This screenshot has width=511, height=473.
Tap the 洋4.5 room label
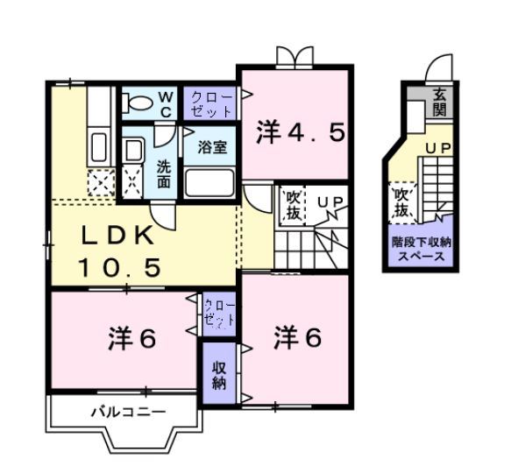[x=301, y=133]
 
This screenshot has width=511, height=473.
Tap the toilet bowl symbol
[x=138, y=102]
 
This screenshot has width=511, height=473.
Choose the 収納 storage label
[x=219, y=374]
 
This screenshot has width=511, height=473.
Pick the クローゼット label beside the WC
[x=211, y=103]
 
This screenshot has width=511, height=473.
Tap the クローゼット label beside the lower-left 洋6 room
[x=219, y=312]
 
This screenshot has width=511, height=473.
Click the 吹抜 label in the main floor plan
[x=292, y=207]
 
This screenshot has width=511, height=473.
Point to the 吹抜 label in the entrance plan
[x=402, y=202]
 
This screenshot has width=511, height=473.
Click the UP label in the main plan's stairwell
[x=330, y=203]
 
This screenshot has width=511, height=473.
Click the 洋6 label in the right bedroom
[x=296, y=335]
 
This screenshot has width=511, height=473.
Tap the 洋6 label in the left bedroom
[x=132, y=338]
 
